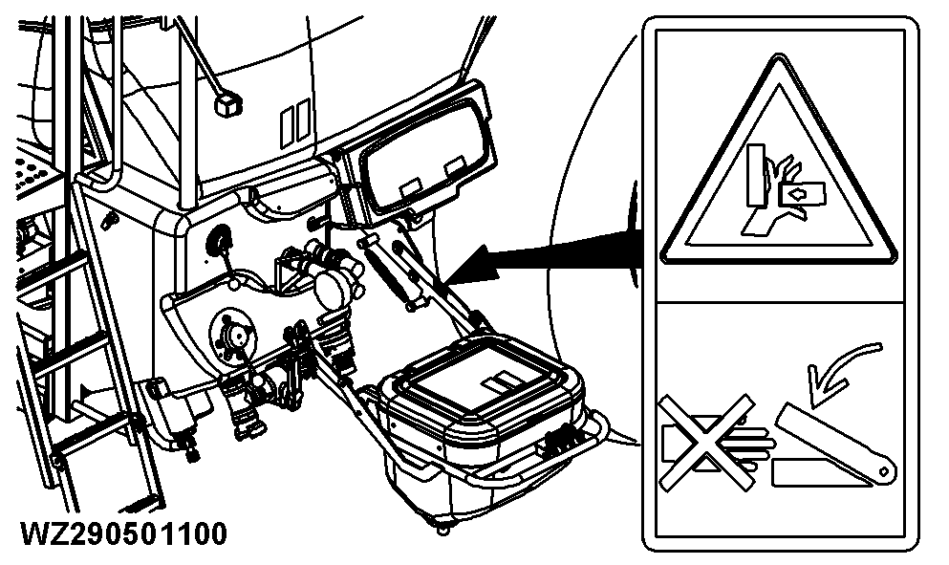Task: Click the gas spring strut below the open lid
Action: point(392,272)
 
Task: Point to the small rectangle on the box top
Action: point(499,383)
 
